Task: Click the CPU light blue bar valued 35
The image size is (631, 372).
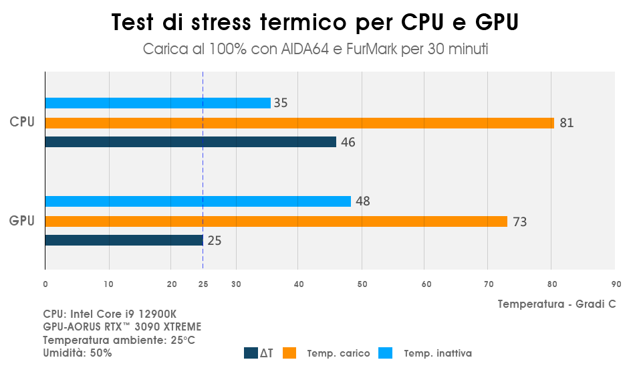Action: pyautogui.click(x=158, y=103)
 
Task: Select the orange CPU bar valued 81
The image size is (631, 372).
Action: pyautogui.click(x=299, y=123)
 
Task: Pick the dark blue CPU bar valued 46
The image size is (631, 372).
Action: pyautogui.click(x=191, y=142)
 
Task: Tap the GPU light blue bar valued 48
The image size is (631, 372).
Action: pyautogui.click(x=198, y=201)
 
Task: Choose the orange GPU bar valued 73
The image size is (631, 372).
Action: pyautogui.click(x=276, y=221)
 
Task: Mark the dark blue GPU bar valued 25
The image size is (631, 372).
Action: pyautogui.click(x=124, y=240)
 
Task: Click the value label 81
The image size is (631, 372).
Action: pyautogui.click(x=567, y=123)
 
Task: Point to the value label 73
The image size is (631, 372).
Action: pyautogui.click(x=519, y=221)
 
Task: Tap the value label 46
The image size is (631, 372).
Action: pyautogui.click(x=348, y=142)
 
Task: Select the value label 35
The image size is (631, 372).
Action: pyautogui.click(x=281, y=103)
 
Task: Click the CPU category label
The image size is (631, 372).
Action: pyautogui.click(x=22, y=122)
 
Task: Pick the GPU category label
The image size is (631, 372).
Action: pyautogui.click(x=22, y=220)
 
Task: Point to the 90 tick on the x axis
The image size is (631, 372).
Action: pyautogui.click(x=616, y=284)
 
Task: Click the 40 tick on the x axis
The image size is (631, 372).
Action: pyautogui.click(x=299, y=284)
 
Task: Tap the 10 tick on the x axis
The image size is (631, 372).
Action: pyautogui.click(x=108, y=284)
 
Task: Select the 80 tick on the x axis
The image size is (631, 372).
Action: pyautogui.click(x=551, y=284)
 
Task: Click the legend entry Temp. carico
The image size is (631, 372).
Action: pyautogui.click(x=338, y=353)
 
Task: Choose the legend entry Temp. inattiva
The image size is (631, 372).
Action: pyautogui.click(x=437, y=353)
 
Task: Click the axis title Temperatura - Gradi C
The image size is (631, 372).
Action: pyautogui.click(x=557, y=304)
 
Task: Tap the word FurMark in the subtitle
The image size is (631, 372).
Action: pyautogui.click(x=374, y=50)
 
